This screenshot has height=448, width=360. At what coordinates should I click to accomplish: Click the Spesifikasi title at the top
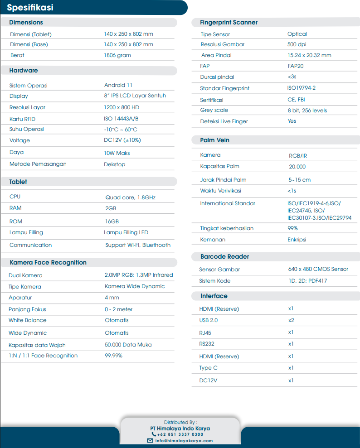point(30,8)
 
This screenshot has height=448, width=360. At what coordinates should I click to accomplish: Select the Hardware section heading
point(24,71)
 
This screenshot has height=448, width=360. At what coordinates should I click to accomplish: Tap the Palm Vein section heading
point(214,140)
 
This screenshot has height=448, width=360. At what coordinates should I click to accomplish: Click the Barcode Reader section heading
point(224,257)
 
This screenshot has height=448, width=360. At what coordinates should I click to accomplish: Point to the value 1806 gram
point(117,55)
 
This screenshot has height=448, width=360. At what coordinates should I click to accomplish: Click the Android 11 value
point(118,85)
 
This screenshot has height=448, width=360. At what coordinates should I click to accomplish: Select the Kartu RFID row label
point(22,119)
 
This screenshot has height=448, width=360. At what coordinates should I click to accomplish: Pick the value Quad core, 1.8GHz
point(131,198)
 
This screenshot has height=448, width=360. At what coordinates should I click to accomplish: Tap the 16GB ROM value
point(112,222)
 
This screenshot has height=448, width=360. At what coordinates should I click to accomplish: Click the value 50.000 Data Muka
point(128,345)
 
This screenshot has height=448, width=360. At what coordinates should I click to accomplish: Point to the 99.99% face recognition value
point(113,356)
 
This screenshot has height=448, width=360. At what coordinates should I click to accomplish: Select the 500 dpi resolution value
point(297,44)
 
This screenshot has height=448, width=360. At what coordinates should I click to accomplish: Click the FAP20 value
point(296,66)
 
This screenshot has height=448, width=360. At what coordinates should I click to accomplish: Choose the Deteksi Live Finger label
point(224,121)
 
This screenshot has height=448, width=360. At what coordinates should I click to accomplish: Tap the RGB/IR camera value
point(298,156)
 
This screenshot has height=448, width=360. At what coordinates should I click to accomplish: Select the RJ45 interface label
point(205,332)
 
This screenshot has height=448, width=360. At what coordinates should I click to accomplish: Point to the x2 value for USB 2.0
point(291,320)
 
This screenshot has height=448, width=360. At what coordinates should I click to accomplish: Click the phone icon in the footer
point(154,434)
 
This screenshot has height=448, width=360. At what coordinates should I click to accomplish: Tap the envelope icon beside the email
point(150,441)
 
